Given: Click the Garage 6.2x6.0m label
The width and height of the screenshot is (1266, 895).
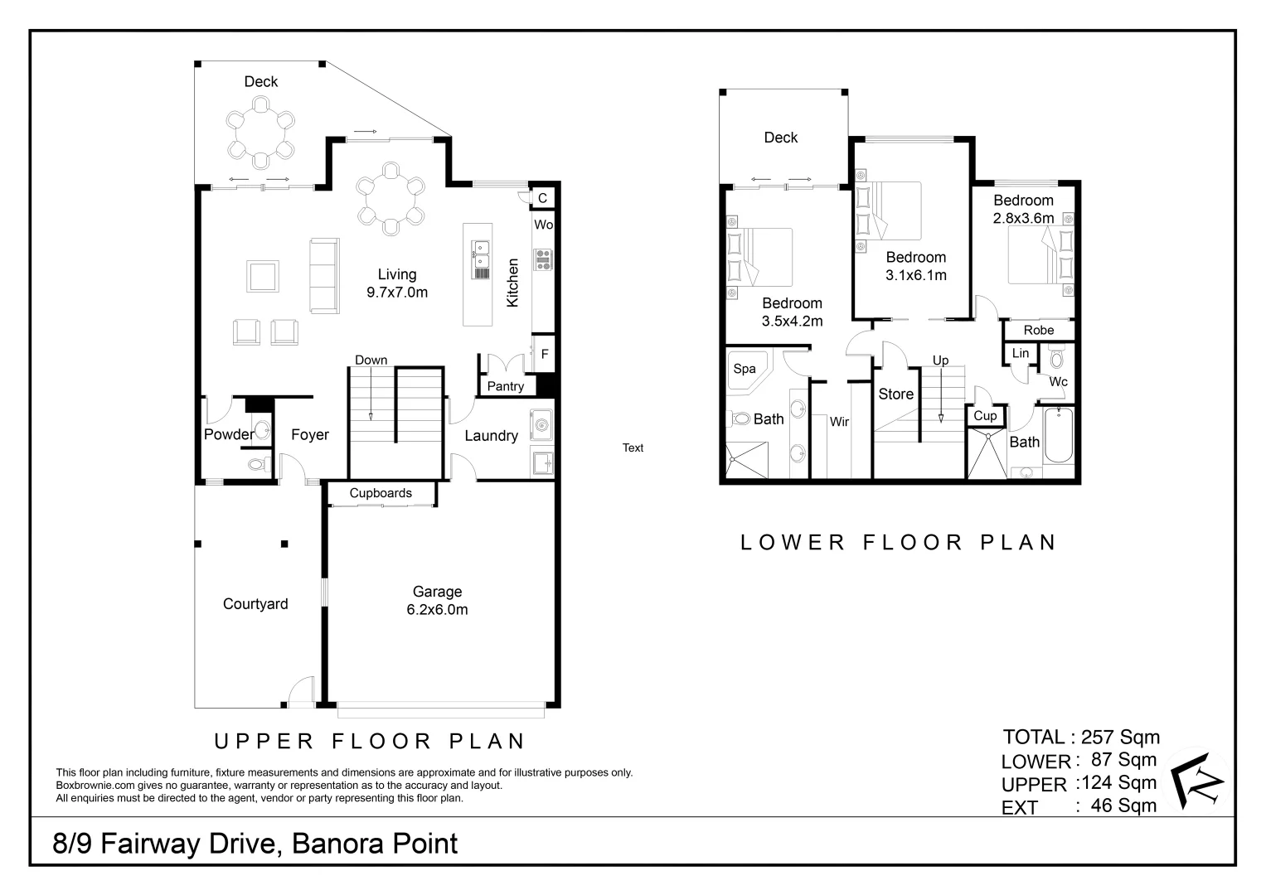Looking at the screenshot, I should coord(437,601).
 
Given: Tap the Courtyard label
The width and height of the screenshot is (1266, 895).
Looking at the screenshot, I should coord(255,604).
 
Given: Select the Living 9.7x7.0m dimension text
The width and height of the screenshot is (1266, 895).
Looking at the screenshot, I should coord(397,292).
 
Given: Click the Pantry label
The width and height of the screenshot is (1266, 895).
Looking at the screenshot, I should coord(505,386).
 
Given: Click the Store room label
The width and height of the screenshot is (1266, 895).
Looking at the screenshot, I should coord(895,394).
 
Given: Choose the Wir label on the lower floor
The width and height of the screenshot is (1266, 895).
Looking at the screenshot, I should coord(839,422).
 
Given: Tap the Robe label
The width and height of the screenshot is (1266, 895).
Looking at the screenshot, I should coord(1038,330).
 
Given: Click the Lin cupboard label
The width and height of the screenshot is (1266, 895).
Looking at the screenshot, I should coord(1021,353).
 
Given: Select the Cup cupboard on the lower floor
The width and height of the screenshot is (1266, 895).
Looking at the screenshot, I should coord(985,415).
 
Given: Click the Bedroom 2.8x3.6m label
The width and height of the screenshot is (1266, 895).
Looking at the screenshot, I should coord(1023,209).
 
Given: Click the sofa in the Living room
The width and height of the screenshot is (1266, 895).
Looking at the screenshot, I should coord(324,276).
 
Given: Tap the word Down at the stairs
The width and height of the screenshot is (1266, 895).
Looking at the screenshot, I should coord(371,360).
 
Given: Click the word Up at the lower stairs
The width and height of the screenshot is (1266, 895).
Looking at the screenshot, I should coord(940,360).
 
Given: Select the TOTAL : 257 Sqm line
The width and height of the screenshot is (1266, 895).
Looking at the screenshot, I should coord(1080,737).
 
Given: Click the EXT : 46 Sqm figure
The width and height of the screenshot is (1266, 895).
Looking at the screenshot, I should coord(1123,805).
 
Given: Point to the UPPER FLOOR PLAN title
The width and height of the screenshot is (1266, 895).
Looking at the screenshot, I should coord(370,741).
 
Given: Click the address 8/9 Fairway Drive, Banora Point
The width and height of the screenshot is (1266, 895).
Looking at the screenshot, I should coord(255,844).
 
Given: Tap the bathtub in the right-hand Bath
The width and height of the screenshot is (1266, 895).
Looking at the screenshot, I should coord(1059,436).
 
